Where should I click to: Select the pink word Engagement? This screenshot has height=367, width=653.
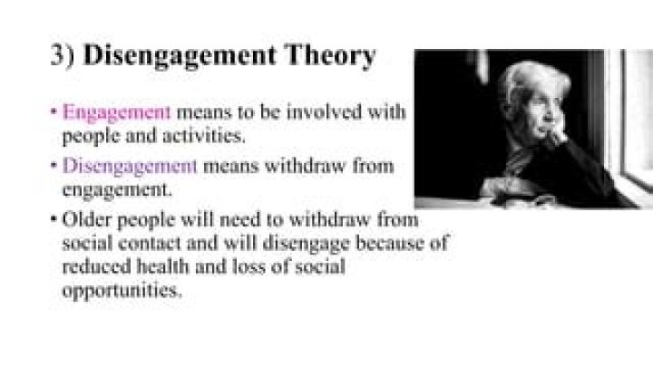(117, 113)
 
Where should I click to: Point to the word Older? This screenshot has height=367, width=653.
(87, 220)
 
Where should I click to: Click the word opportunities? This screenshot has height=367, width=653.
(122, 292)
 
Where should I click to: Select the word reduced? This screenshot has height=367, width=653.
(95, 267)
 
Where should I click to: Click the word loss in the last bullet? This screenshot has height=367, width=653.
(246, 267)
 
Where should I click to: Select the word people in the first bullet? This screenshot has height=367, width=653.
(89, 137)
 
